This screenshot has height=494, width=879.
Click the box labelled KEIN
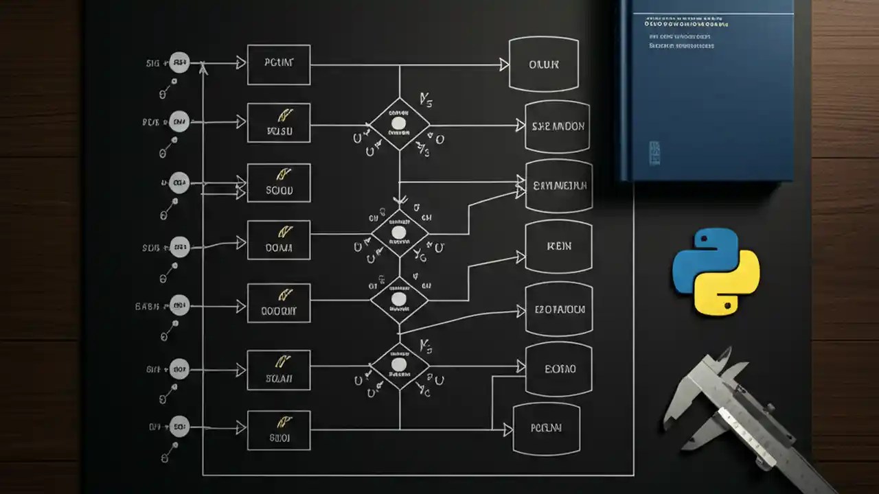[558, 246]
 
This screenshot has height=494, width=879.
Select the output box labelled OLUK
[543, 64]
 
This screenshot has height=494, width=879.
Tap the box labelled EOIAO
[558, 369]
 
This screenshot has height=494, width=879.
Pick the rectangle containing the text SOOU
[279, 183]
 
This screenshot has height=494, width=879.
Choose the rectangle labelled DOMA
[279, 241]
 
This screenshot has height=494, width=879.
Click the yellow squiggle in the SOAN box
[281, 360]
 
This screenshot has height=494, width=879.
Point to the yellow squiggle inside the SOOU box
[282, 174]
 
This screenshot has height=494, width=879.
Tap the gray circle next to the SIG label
[179, 64]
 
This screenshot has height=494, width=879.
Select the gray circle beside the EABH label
[179, 306]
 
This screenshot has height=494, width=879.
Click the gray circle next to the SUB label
[179, 246]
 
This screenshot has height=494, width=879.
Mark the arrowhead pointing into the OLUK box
[504, 64]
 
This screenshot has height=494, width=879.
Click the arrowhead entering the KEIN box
[520, 257]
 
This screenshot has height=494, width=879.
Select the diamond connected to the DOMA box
[399, 233]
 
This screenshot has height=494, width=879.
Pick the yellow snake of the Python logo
[728, 288]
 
